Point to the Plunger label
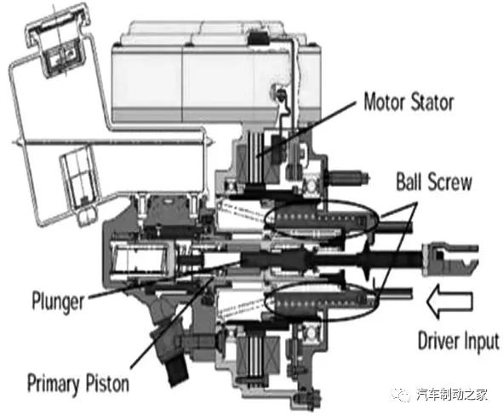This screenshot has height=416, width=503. tap(58, 301)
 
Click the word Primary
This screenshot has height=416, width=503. tap(54, 384)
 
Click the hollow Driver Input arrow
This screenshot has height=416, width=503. tap(449, 302)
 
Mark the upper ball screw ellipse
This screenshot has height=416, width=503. tap(321, 219)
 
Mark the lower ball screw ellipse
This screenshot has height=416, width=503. tap(321, 301)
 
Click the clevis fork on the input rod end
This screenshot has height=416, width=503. tap(450, 256)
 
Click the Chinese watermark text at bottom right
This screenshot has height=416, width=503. tap(452, 394)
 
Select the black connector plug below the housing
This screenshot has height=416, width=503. tap(177, 370)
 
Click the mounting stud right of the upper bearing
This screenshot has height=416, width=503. tap(349, 177)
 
